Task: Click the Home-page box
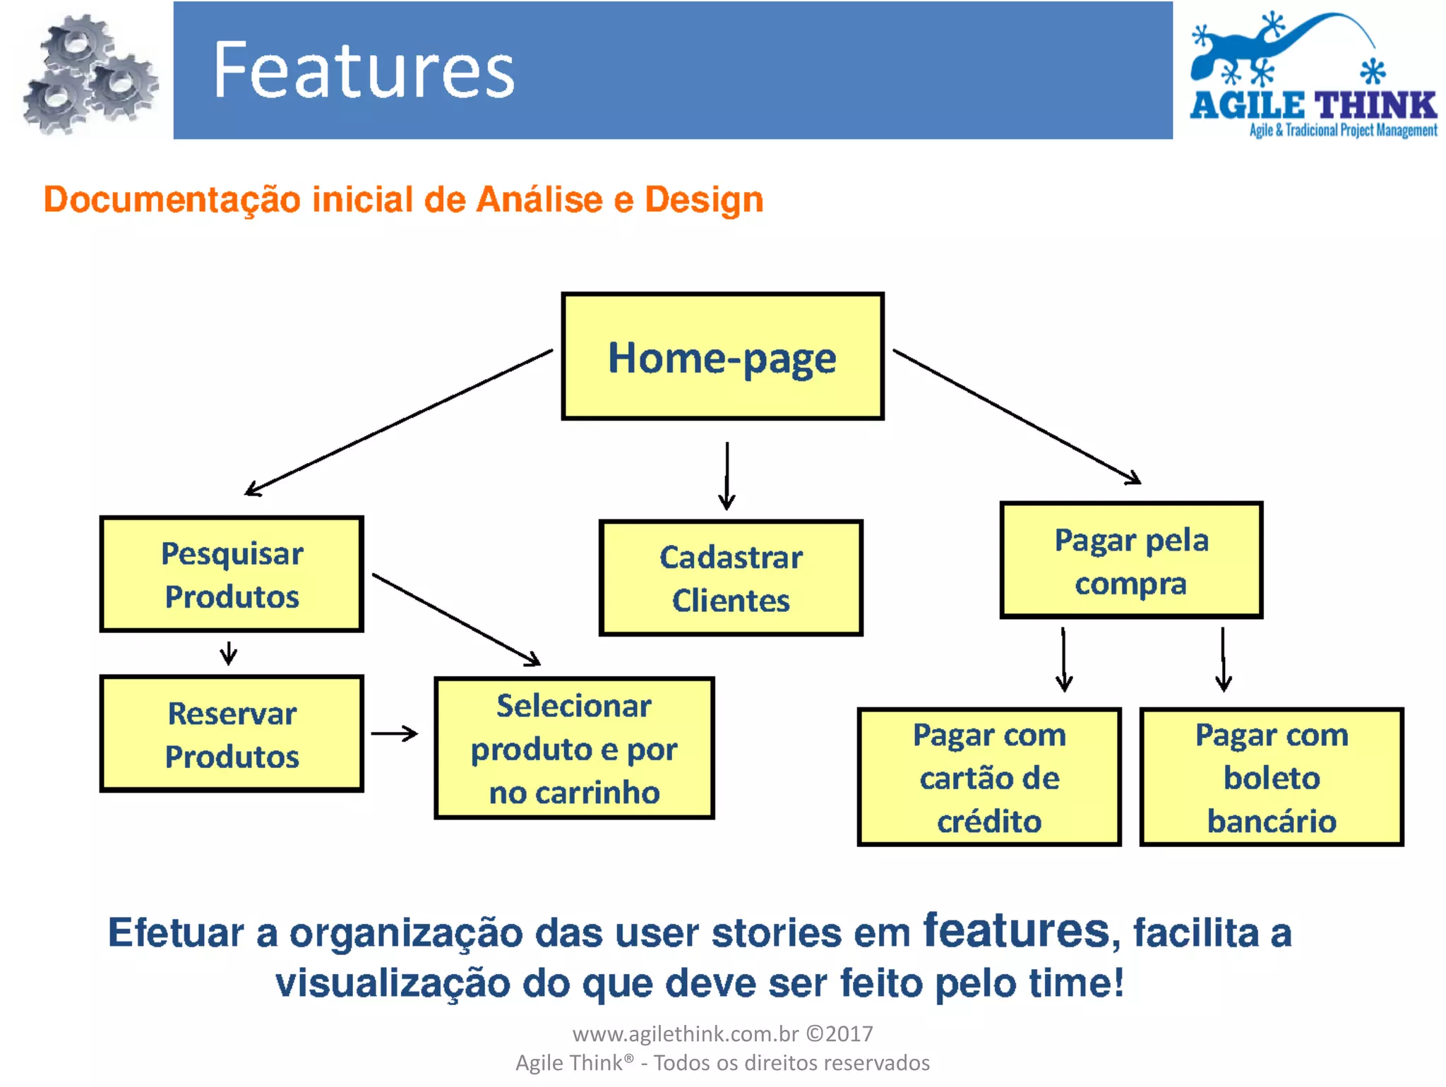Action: click(722, 356)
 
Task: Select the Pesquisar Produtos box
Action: click(232, 574)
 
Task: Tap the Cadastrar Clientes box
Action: click(731, 578)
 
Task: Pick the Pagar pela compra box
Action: click(1131, 560)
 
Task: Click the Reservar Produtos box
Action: click(232, 734)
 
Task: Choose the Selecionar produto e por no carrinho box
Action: click(574, 748)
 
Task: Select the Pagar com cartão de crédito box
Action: click(988, 776)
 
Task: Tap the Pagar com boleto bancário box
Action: click(1271, 776)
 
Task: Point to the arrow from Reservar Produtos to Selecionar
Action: click(394, 734)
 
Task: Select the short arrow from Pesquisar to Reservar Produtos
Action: click(228, 653)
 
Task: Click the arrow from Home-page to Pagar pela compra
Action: click(1017, 416)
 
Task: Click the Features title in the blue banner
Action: click(364, 70)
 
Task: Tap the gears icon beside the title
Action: click(88, 74)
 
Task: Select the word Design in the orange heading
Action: click(704, 200)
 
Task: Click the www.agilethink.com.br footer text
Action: click(685, 1034)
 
